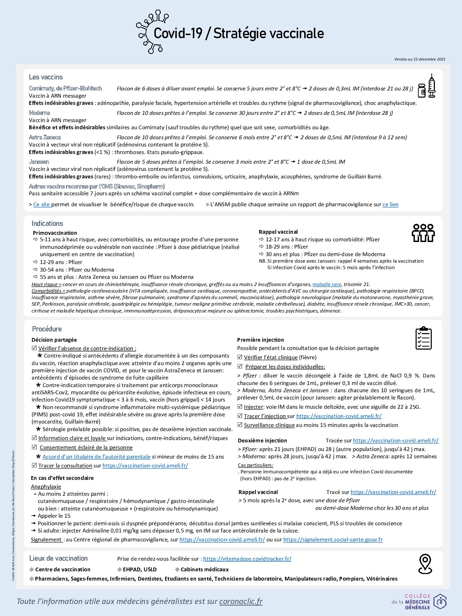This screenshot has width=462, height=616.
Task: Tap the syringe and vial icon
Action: pyautogui.click(x=427, y=86)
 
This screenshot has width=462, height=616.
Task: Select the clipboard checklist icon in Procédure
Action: pyautogui.click(x=423, y=338)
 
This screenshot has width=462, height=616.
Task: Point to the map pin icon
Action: pyautogui.click(x=425, y=564)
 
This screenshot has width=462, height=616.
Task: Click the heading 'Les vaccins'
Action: pyautogui.click(x=46, y=77)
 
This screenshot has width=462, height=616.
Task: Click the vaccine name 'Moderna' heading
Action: pyautogui.click(x=40, y=113)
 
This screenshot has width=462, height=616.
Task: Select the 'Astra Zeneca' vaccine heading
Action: pyautogui.click(x=45, y=137)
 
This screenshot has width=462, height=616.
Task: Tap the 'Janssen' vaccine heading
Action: pyautogui.click(x=39, y=162)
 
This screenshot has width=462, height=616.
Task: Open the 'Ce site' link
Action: pyautogui.click(x=42, y=205)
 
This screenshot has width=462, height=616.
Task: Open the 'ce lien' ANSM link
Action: pyautogui.click(x=390, y=205)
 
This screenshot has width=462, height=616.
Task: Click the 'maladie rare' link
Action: pyautogui.click(x=327, y=284)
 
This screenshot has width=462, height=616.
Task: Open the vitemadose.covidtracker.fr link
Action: pyautogui.click(x=247, y=559)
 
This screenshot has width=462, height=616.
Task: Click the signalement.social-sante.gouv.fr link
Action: pyautogui.click(x=333, y=539)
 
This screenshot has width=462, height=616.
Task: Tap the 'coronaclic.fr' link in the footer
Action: pyautogui.click(x=241, y=601)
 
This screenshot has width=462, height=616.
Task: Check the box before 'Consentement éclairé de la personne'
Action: pyautogui.click(x=34, y=447)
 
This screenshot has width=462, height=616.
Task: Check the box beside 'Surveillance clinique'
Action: pyautogui.click(x=240, y=425)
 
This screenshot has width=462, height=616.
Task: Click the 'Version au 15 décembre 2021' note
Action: pyautogui.click(x=420, y=59)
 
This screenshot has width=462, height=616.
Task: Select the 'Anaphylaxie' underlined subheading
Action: pyautogui.click(x=46, y=486)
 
